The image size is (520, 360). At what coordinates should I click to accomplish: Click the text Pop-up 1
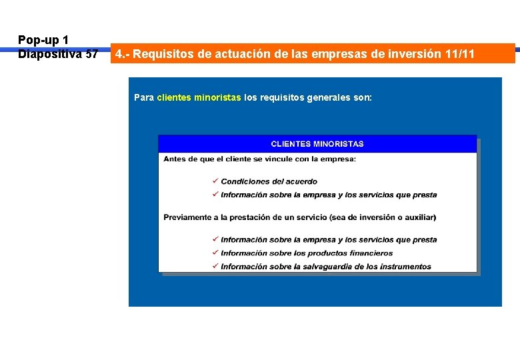coord(43,40)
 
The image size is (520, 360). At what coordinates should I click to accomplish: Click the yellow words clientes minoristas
coord(199,97)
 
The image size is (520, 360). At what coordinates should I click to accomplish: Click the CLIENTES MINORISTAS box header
coord(317,143)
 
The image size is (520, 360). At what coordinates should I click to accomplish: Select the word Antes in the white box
coord(175,159)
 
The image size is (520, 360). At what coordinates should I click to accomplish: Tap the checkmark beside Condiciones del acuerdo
coord(215,181)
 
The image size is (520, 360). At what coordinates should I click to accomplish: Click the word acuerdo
coord(301,181)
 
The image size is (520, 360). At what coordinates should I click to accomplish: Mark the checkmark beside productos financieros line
coord(215,253)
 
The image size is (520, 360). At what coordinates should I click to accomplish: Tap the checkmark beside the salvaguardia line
coord(215,266)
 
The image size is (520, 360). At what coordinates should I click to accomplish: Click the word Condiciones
coord(245,181)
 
